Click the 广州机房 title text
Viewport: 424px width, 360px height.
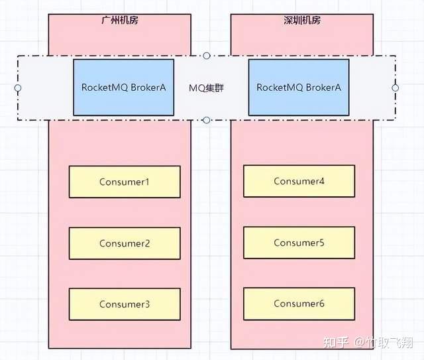click(119, 20)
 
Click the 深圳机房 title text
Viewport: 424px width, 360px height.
click(301, 20)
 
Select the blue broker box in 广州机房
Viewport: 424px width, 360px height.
click(123, 87)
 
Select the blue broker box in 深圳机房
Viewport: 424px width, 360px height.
click(299, 87)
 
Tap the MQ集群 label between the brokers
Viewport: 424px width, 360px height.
click(206, 88)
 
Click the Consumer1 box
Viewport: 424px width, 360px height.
click(125, 182)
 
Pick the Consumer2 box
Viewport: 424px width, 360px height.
click(125, 243)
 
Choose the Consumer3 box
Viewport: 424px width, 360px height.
click(125, 304)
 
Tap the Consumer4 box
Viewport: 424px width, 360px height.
click(299, 181)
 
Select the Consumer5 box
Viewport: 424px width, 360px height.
click(299, 243)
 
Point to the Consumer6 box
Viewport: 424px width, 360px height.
click(299, 304)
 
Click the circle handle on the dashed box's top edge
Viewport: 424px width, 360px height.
click(207, 56)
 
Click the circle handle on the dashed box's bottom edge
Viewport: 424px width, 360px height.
click(207, 120)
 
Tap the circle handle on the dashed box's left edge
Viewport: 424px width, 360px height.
click(18, 88)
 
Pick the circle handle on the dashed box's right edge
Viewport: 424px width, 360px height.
click(396, 88)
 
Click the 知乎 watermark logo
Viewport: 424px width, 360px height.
click(335, 343)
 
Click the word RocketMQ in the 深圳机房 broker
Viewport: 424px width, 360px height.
click(276, 88)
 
